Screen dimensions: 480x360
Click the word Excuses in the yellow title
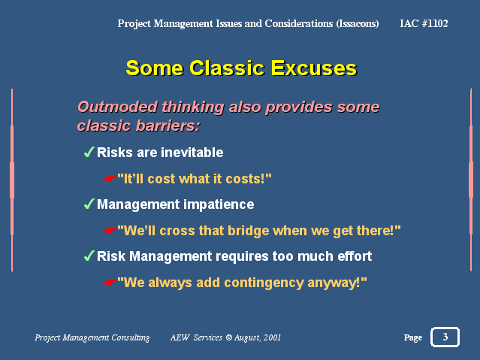point(314,68)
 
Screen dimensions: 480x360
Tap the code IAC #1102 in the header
point(424,23)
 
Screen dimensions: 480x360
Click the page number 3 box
point(445,337)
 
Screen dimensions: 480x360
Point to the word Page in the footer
point(413,337)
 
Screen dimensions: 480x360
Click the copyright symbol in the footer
point(228,337)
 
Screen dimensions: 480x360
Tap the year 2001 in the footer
point(272,337)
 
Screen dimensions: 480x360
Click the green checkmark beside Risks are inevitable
point(89,152)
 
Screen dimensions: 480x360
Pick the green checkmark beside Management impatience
point(89,204)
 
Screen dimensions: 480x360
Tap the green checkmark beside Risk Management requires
point(89,256)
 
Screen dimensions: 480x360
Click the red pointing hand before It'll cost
point(110,179)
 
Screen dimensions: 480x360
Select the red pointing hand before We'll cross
point(110,231)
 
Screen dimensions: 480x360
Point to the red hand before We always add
point(110,283)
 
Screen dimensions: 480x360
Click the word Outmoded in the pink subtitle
point(117,107)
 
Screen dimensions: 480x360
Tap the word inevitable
point(192,153)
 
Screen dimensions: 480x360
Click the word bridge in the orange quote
point(249,231)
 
